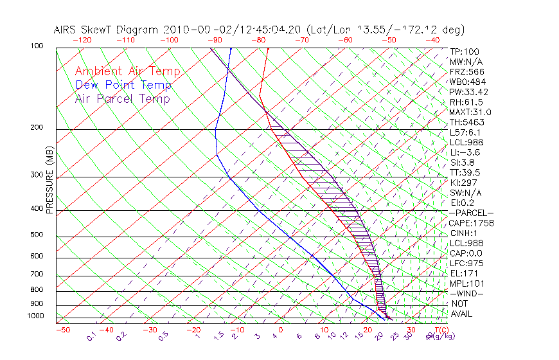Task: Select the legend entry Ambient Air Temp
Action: tap(127, 71)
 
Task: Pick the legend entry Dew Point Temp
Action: tap(123, 85)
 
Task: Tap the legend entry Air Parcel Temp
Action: tap(122, 98)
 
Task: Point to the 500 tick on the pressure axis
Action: tap(37, 235)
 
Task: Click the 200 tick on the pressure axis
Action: tap(37, 128)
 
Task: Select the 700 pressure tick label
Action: tap(37, 275)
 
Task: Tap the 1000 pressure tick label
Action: tap(35, 316)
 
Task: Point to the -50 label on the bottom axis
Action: tap(62, 330)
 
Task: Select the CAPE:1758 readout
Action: tap(471, 223)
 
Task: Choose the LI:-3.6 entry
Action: tap(465, 152)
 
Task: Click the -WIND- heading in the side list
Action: tap(467, 294)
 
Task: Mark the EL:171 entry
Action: tap(463, 273)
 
